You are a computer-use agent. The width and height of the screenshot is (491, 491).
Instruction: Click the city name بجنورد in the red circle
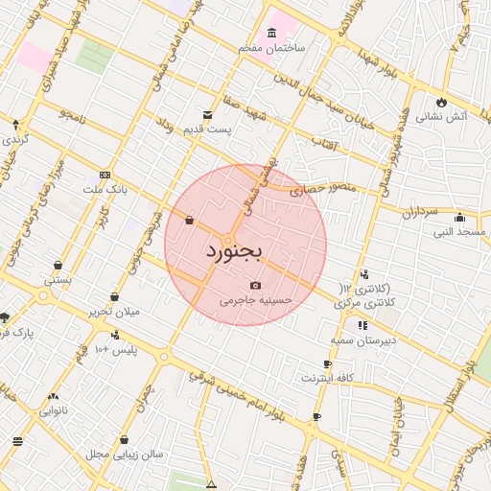pyautogui.click(x=233, y=252)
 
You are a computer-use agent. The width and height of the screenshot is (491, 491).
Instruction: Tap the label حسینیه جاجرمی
pyautogui.click(x=252, y=300)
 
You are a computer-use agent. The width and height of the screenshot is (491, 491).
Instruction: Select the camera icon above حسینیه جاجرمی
pyautogui.click(x=254, y=286)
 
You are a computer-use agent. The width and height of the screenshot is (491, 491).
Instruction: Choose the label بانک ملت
pyautogui.click(x=131, y=190)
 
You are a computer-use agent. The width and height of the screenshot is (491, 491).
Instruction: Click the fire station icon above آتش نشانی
pyautogui.click(x=441, y=101)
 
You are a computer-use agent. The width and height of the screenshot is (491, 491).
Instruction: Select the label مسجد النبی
pyautogui.click(x=458, y=231)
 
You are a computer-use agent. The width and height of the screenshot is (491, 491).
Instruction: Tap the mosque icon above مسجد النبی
pyautogui.click(x=460, y=217)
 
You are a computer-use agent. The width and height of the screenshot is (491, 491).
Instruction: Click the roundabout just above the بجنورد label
pyautogui.click(x=228, y=238)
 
